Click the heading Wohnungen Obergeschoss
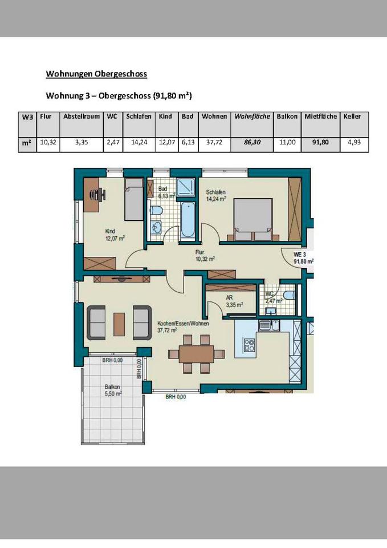click(96, 74)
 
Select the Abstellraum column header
click(82, 116)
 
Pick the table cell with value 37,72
click(214, 142)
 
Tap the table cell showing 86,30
click(252, 142)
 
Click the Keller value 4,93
click(354, 142)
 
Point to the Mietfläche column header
click(320, 116)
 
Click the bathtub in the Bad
click(188, 220)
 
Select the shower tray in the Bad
click(185, 188)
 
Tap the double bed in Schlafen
click(253, 219)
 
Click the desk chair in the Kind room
click(101, 194)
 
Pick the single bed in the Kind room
click(134, 199)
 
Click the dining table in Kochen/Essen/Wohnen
click(197, 354)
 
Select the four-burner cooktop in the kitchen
click(249, 345)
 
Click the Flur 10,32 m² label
click(205, 256)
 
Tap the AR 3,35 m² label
click(234, 301)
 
